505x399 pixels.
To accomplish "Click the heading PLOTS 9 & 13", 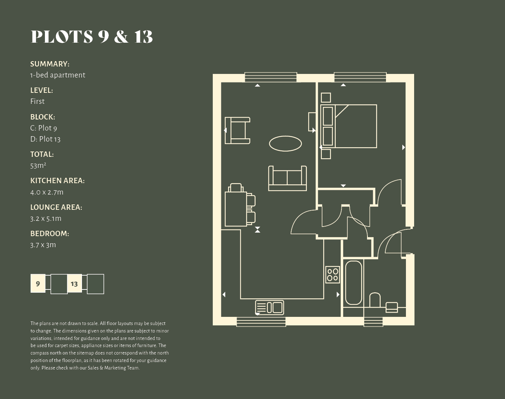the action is [92, 37].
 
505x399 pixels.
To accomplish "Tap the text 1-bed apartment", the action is [58, 75].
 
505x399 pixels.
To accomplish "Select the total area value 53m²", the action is [38, 166].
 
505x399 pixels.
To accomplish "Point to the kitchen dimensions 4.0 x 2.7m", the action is [47, 192].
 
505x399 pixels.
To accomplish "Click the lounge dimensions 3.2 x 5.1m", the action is [46, 218].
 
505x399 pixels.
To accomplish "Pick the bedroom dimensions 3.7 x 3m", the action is [43, 245].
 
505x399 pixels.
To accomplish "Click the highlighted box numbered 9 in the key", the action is [38, 283].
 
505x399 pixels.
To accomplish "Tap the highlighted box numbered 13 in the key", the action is [74, 283].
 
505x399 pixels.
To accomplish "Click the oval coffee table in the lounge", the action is [285, 144].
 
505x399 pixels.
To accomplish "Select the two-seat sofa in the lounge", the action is [288, 178].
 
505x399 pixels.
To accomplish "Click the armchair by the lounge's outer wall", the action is [237, 131].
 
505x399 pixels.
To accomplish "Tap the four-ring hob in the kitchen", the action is [333, 275].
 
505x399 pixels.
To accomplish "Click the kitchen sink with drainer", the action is [270, 308].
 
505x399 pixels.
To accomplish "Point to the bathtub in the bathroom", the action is [354, 283].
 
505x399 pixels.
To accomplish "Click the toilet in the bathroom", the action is [375, 300].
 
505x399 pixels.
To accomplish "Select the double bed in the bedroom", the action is [349, 126].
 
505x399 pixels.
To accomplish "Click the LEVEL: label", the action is [42, 90].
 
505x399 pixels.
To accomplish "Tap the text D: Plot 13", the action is [45, 139].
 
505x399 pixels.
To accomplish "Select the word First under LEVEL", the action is [37, 101].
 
